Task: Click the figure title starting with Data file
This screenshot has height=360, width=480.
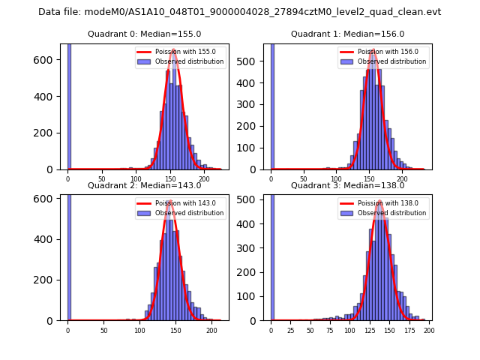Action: (x=239, y=12)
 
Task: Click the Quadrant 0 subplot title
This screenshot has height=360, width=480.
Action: (x=145, y=34)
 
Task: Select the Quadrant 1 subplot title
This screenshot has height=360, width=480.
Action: (x=347, y=34)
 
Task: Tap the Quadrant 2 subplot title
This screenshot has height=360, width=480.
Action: (x=145, y=185)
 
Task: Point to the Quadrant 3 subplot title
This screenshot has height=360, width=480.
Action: (x=347, y=185)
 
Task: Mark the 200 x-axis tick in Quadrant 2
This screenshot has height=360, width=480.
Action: (x=211, y=330)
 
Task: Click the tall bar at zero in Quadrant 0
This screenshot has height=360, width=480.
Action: (x=69, y=105)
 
